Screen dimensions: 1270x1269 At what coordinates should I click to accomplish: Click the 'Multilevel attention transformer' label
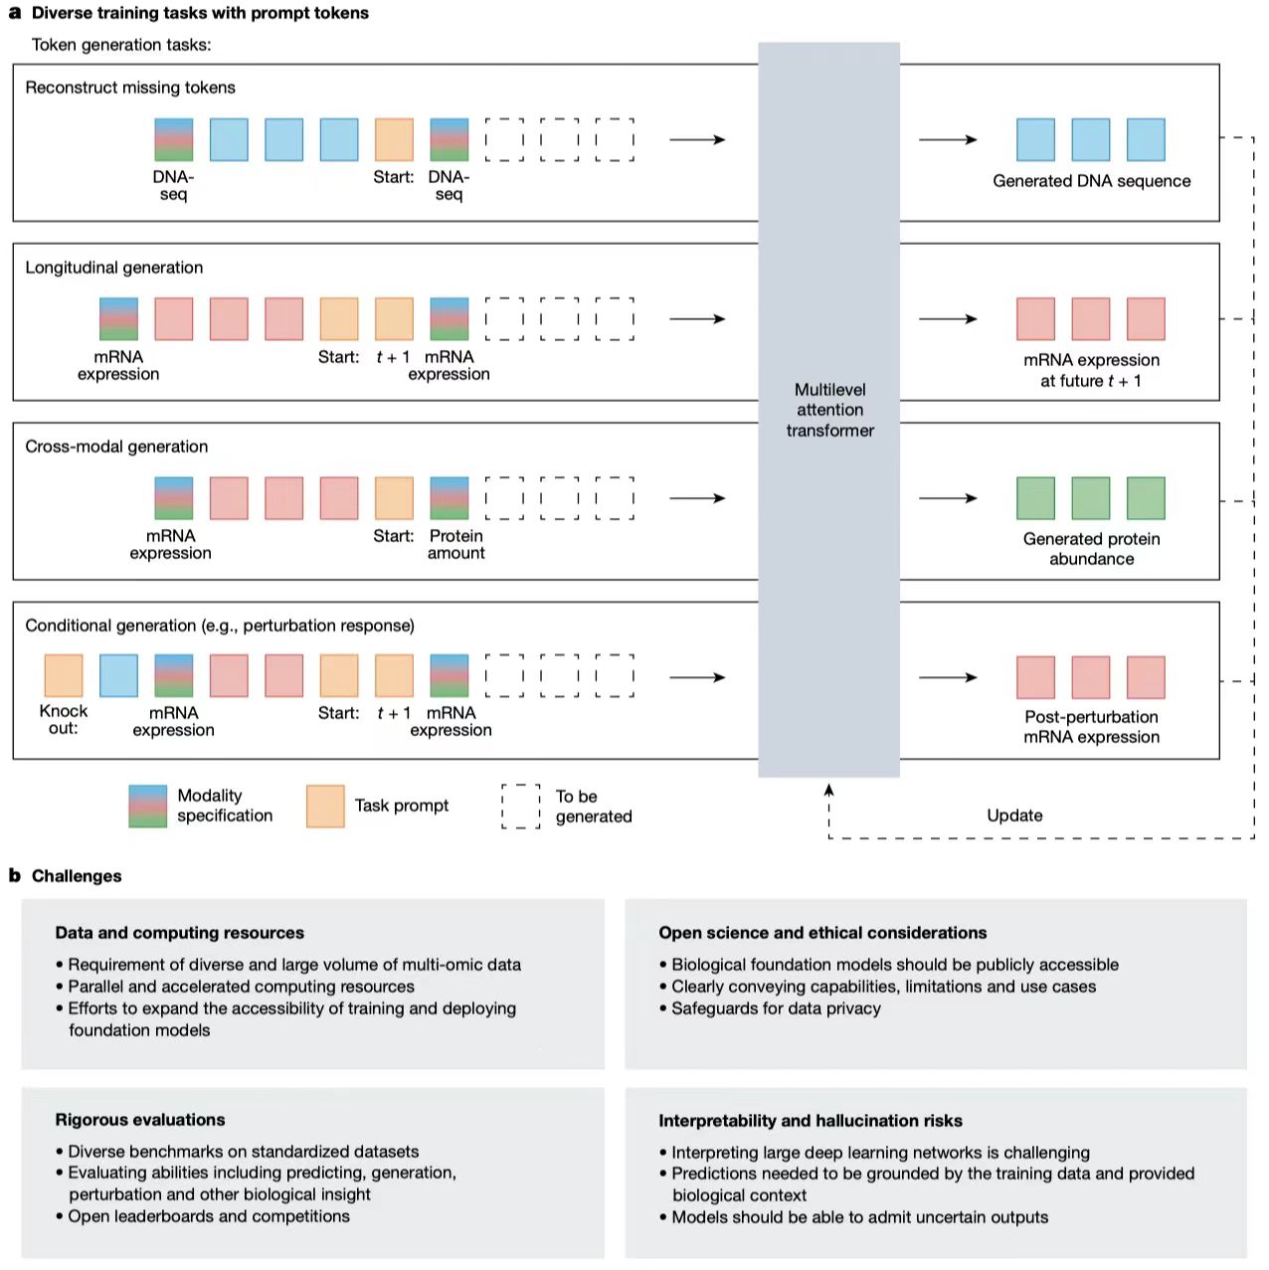coord(829,410)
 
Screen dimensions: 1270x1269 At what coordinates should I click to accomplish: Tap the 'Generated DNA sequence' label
coord(1091,181)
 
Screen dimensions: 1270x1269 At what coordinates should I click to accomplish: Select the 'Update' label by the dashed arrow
coord(1014,816)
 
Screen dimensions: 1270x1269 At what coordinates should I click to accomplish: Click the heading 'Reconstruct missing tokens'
coord(130,88)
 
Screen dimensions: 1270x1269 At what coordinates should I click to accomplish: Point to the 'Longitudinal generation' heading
coord(114,268)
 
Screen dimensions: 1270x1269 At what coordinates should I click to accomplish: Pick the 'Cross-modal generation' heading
coord(116,447)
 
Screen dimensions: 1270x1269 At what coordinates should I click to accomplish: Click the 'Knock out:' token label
coord(64,719)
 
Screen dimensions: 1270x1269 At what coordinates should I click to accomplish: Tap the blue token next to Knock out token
coord(119,675)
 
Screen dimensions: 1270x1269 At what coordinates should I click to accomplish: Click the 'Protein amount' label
coord(456,544)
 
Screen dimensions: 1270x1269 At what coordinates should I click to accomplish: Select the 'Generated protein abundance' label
coord(1091,549)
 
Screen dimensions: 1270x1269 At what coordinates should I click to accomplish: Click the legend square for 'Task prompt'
coord(325,806)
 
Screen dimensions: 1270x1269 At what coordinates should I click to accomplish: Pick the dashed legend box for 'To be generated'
coord(521,806)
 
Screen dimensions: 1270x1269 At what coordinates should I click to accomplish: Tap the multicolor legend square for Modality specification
coord(147,806)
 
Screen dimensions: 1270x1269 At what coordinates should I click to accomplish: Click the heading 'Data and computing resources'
coord(180,933)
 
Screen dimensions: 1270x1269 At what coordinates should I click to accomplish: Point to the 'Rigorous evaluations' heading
coord(140,1120)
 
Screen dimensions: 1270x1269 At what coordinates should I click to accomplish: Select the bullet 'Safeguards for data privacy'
coord(776,1008)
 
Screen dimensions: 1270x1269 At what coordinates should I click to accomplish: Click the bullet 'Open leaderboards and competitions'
coord(209,1216)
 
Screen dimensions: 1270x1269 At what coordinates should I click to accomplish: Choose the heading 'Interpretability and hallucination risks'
coord(811,1121)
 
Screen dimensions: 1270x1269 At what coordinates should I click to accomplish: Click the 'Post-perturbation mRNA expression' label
coord(1091,727)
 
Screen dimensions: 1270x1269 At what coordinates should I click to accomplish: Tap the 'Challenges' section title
coord(77,876)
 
